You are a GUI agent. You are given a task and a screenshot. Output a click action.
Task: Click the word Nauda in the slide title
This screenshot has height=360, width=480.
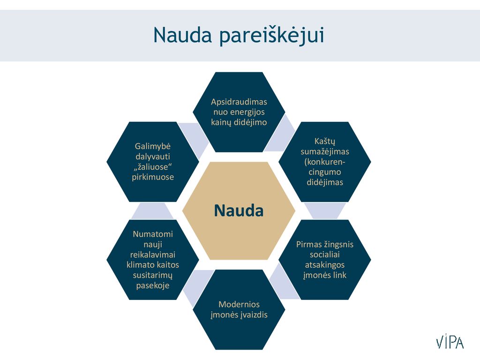pyautogui.click(x=182, y=35)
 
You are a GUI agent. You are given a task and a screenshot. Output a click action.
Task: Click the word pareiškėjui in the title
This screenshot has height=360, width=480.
pyautogui.click(x=271, y=36)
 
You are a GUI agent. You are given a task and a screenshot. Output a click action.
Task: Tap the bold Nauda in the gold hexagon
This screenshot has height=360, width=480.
pyautogui.click(x=239, y=210)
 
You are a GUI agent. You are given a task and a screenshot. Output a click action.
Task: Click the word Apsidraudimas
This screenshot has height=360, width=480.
pyautogui.click(x=239, y=102)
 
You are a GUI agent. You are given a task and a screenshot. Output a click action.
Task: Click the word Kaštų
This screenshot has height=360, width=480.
pyautogui.click(x=325, y=142)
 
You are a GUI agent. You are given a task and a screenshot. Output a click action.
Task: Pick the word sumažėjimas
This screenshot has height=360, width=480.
pyautogui.click(x=325, y=151)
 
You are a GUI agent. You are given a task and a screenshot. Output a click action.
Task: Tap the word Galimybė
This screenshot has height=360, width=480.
pyautogui.click(x=152, y=146)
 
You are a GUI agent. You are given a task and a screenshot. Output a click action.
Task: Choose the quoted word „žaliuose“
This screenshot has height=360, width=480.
pyautogui.click(x=152, y=167)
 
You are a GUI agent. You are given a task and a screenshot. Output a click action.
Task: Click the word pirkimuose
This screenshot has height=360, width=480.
pyautogui.click(x=153, y=177)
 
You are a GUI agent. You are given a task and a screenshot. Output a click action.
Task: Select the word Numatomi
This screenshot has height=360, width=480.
pyautogui.click(x=153, y=234)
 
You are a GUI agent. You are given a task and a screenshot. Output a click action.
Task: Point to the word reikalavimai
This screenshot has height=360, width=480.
pyautogui.click(x=153, y=255)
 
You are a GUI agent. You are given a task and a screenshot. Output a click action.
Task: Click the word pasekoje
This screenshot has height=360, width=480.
pyautogui.click(x=153, y=285)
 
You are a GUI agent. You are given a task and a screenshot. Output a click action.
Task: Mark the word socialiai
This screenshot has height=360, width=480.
pyautogui.click(x=325, y=255)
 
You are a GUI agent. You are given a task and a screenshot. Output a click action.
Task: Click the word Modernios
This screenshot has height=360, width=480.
pyautogui.click(x=239, y=305)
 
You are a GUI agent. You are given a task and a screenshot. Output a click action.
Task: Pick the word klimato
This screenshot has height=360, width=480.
pyautogui.click(x=140, y=265)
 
